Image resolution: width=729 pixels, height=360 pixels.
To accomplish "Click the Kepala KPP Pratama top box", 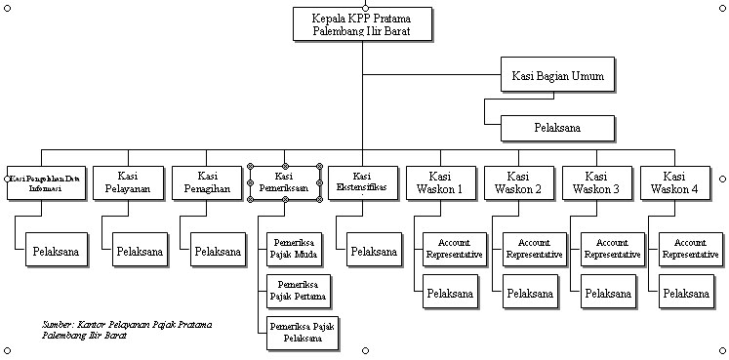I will pyautogui.click(x=361, y=23).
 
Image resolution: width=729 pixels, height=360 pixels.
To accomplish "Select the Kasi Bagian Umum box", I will pyautogui.click(x=557, y=76).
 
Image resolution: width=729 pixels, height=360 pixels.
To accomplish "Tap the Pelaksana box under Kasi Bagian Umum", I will pyautogui.click(x=557, y=128).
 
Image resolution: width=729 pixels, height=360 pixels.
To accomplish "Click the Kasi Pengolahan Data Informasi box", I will pyautogui.click(x=42, y=182).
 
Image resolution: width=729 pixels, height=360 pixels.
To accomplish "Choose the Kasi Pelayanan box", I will pyautogui.click(x=128, y=182).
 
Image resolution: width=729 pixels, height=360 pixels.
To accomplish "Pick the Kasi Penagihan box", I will pyautogui.click(x=206, y=182).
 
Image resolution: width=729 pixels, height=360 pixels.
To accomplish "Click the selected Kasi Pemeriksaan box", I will pyautogui.click(x=284, y=182).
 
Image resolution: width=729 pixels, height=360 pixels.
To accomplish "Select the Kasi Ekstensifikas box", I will pyautogui.click(x=362, y=182).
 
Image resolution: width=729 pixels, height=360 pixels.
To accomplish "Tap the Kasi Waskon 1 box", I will pyautogui.click(x=440, y=182).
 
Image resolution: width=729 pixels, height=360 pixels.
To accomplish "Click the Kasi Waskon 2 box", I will pyautogui.click(x=518, y=182).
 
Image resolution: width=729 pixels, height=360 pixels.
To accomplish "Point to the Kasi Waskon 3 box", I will pyautogui.click(x=596, y=182).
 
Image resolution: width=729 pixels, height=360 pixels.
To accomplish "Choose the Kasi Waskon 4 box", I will pyautogui.click(x=674, y=182).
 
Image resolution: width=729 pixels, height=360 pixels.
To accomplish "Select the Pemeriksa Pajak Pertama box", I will pyautogui.click(x=297, y=290).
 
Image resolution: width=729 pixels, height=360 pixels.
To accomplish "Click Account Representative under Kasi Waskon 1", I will pyautogui.click(x=455, y=249).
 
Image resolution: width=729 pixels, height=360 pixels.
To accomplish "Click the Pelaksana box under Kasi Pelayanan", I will pyautogui.click(x=139, y=252).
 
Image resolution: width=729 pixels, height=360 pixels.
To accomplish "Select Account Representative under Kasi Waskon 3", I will pyautogui.click(x=612, y=249).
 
